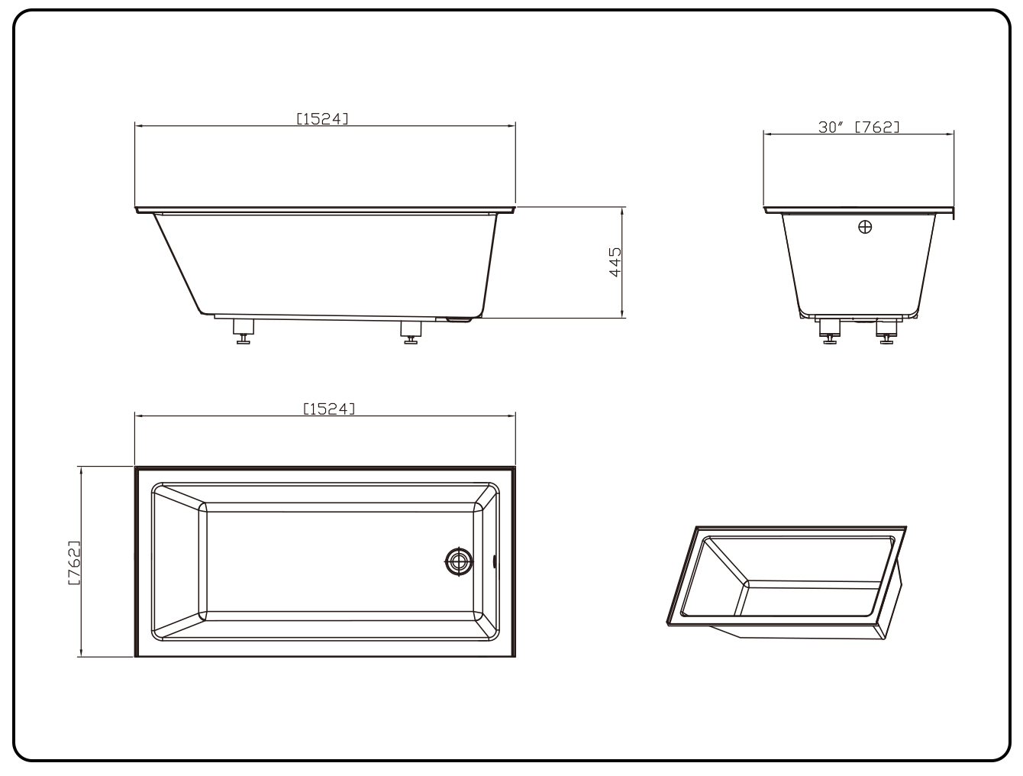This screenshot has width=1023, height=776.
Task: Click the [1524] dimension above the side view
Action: [x=322, y=119]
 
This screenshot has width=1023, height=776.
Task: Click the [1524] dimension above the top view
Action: [x=329, y=409]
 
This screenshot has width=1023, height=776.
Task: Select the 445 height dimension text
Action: [x=615, y=262]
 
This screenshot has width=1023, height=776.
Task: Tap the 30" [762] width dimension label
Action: [x=859, y=128]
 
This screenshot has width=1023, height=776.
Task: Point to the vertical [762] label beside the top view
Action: [x=75, y=563]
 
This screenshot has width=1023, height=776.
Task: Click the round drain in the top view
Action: [x=459, y=561]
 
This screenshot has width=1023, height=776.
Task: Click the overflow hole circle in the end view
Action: [x=865, y=227]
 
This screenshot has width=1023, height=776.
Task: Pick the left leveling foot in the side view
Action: [x=243, y=331]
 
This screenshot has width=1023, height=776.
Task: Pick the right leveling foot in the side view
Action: [x=411, y=332]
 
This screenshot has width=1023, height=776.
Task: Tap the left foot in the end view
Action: [x=830, y=331]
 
